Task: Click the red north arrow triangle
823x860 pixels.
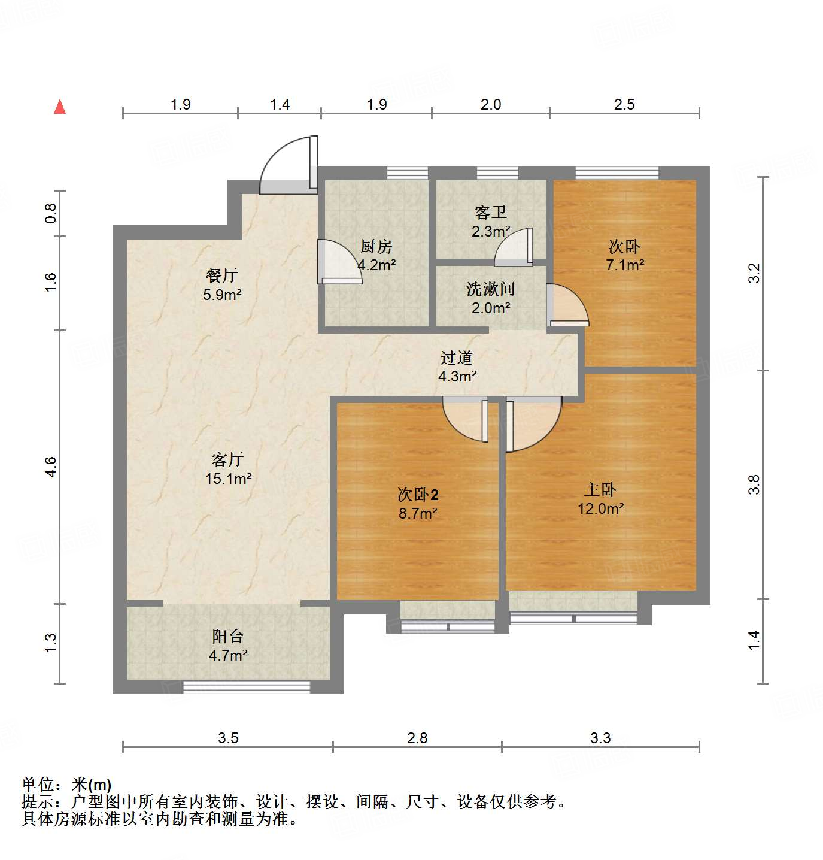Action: click(60, 107)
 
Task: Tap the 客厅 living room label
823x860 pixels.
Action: click(227, 459)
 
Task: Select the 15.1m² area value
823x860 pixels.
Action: click(228, 479)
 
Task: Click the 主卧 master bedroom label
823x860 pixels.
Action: click(600, 489)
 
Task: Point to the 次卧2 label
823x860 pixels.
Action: click(418, 495)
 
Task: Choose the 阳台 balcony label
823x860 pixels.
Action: click(227, 637)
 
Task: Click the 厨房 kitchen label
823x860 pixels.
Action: click(376, 246)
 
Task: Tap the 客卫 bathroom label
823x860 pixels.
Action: click(490, 212)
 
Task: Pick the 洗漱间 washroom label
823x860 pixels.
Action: click(490, 289)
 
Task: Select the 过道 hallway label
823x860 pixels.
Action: click(457, 358)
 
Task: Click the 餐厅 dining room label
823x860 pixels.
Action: click(221, 275)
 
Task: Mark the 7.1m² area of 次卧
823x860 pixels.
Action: click(625, 265)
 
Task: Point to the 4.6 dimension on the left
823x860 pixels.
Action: click(51, 467)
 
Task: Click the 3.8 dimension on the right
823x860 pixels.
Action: click(754, 484)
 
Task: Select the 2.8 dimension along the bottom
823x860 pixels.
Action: click(417, 738)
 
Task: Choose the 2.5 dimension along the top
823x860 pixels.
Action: click(624, 105)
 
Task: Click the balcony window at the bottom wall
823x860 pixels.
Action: click(247, 687)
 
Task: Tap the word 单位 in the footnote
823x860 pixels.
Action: click(38, 784)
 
